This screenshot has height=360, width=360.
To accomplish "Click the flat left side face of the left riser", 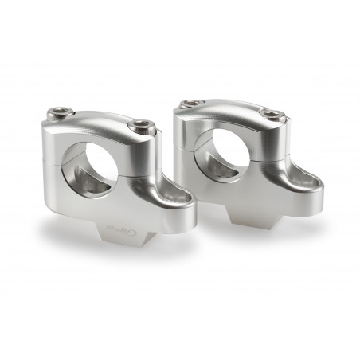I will (49, 171).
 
